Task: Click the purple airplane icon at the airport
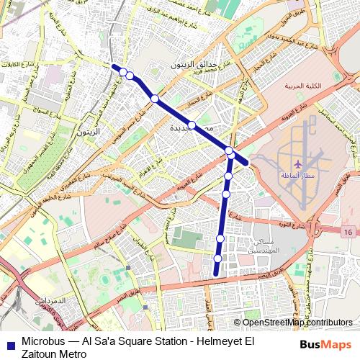tap(299, 165)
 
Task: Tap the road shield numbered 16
tap(348, 232)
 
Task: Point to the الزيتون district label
tap(89, 133)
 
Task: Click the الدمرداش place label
tap(50, 299)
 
